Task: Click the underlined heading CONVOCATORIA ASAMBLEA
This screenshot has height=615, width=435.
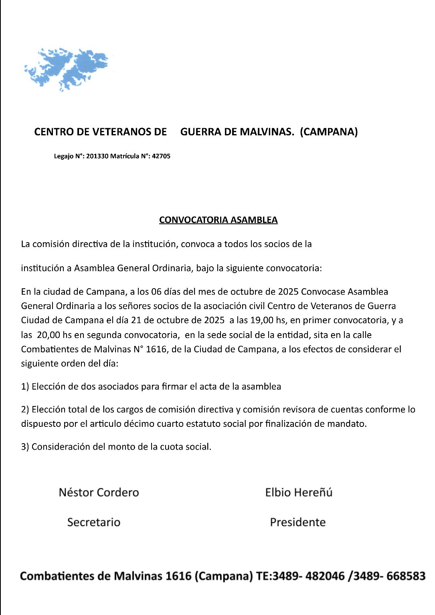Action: click(218, 220)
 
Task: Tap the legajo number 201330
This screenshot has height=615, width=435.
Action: click(97, 156)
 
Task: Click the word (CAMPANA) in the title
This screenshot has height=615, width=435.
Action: click(328, 132)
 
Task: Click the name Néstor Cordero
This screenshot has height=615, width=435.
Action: click(99, 492)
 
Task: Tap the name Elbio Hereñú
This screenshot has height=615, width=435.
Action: click(299, 492)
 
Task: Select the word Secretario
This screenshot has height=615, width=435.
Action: click(94, 522)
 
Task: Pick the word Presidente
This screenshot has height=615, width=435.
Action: click(297, 522)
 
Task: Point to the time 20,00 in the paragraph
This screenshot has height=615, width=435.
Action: click(49, 335)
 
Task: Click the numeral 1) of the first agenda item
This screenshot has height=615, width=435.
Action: click(25, 387)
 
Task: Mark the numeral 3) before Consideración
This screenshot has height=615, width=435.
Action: click(25, 447)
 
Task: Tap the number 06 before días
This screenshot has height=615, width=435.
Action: click(151, 292)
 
